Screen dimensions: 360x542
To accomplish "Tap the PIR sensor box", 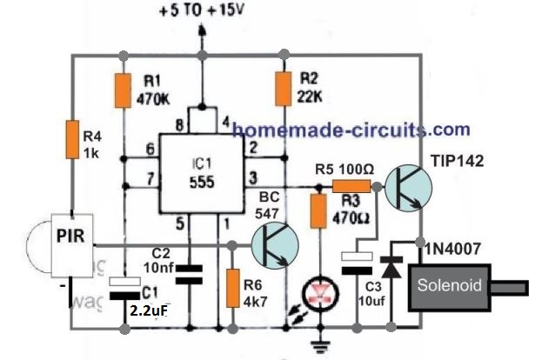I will click(x=71, y=235).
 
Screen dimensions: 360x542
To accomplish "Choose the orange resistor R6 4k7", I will click(x=232, y=289).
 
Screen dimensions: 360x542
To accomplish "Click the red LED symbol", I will click(x=323, y=297).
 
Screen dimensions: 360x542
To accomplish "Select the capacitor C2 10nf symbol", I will click(x=192, y=277).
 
